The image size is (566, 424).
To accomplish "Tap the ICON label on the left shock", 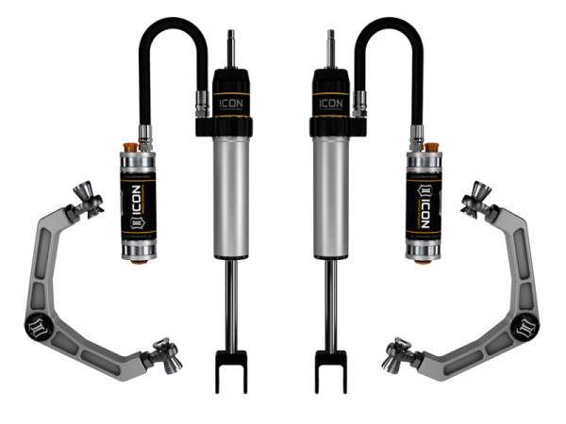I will click(x=231, y=102).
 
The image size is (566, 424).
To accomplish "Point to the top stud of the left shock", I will click(x=230, y=47).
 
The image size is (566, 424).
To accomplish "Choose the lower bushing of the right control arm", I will click(x=399, y=355).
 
